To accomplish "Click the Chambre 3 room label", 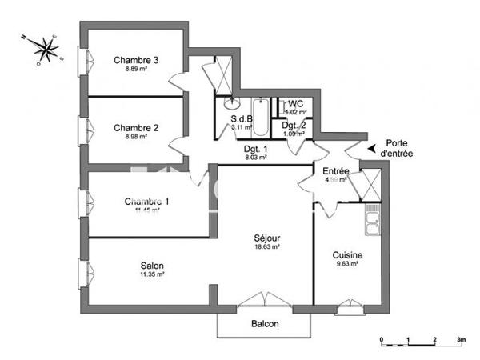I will tap(136, 59).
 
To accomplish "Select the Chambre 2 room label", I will tap(136, 127).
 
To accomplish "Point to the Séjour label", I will tap(267, 238).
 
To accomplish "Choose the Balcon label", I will tap(265, 324).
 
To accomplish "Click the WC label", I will tap(296, 104).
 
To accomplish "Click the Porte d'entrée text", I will tap(397, 148).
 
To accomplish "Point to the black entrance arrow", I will tap(371, 147).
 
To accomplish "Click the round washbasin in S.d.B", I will tap(234, 103).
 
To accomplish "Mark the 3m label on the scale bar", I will tap(461, 340).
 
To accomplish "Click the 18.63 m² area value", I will tap(267, 247).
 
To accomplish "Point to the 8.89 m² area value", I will tap(136, 69).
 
